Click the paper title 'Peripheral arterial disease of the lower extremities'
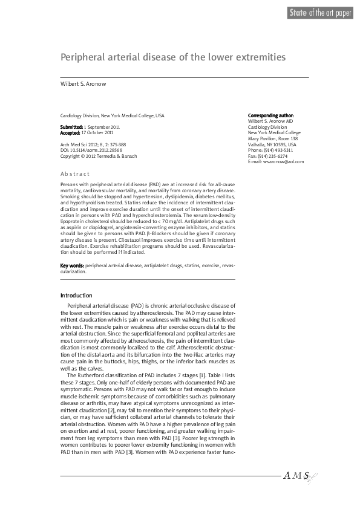172,57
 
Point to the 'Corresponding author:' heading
271,115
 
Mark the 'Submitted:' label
72,127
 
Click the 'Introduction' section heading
76,296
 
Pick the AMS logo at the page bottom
298,476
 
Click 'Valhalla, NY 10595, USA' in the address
272,144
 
